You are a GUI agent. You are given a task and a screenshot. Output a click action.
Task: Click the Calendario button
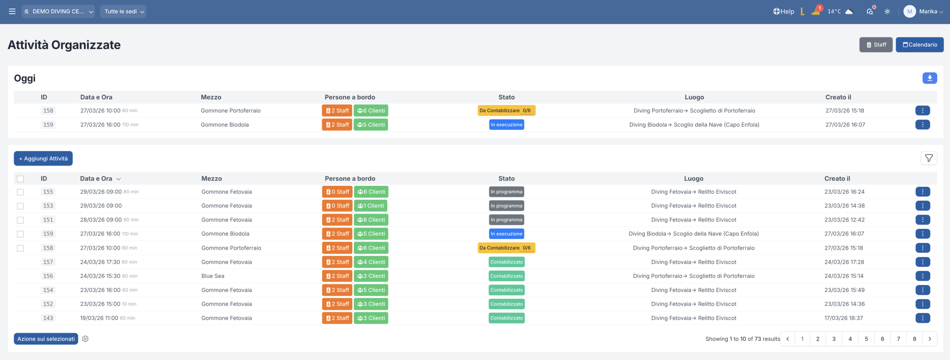tap(919, 45)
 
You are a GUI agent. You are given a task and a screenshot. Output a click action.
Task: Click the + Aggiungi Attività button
tap(43, 158)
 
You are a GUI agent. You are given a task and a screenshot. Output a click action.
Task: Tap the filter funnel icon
tap(928, 158)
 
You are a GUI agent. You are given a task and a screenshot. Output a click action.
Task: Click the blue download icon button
tap(930, 78)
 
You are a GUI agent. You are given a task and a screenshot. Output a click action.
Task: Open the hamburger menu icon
tap(12, 12)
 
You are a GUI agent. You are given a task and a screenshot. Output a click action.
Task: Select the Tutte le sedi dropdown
tap(123, 12)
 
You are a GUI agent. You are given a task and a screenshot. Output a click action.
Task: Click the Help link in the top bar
tap(783, 12)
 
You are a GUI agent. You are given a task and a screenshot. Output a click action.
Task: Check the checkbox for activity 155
tap(20, 192)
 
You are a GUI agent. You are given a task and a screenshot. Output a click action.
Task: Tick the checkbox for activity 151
tap(20, 220)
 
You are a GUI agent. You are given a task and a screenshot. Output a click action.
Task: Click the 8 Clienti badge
tap(371, 220)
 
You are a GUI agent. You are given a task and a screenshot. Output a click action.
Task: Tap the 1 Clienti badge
tap(370, 206)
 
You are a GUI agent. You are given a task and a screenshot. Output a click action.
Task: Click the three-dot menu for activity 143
tap(922, 318)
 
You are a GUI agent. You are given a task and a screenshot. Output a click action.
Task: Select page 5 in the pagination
tap(866, 339)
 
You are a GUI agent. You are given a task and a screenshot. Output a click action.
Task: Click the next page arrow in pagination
tap(930, 339)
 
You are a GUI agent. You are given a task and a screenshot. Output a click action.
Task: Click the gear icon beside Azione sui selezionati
tap(85, 339)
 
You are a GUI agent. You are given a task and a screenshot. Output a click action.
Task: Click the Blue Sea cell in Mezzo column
tap(213, 276)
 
